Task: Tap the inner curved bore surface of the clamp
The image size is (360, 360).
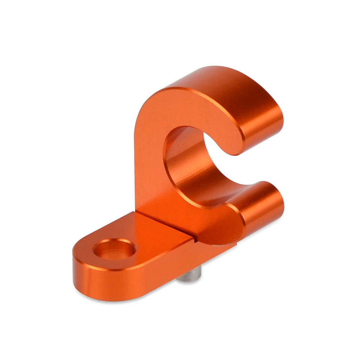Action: (x=195, y=165)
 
